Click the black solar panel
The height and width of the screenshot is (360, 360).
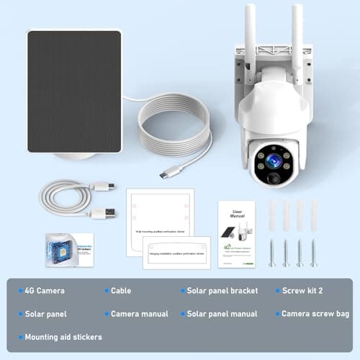(x=73, y=91)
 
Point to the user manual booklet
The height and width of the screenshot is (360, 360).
(x=237, y=234)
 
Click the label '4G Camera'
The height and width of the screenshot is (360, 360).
(x=45, y=291)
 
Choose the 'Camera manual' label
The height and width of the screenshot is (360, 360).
(x=139, y=314)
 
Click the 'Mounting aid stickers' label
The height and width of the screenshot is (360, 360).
(x=63, y=337)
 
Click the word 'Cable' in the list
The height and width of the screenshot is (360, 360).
(x=121, y=291)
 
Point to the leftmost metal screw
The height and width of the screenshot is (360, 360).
(x=271, y=252)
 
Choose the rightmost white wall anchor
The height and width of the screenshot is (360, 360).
(x=314, y=215)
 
